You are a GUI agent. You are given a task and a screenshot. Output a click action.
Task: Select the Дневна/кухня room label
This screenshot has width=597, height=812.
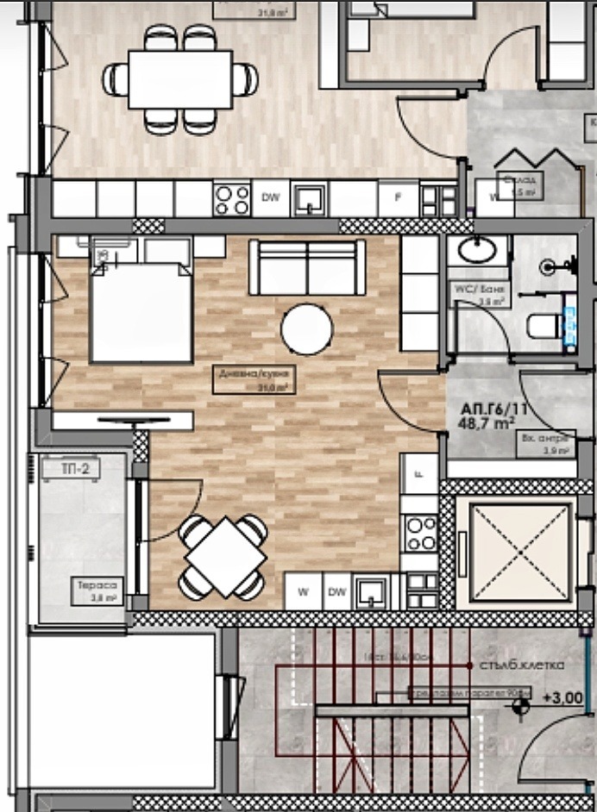click(255, 379)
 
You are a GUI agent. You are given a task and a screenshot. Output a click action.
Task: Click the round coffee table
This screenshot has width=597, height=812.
click(306, 328)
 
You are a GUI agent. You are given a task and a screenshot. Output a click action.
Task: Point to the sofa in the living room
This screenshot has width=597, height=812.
click(306, 268)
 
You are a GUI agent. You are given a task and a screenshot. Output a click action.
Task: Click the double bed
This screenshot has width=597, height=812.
click(140, 312)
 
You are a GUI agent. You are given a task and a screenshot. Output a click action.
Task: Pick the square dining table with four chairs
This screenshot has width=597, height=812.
click(223, 556)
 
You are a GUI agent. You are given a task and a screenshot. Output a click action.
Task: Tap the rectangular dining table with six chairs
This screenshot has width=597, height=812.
click(180, 79)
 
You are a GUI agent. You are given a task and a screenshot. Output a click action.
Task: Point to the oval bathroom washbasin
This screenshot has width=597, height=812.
click(477, 251)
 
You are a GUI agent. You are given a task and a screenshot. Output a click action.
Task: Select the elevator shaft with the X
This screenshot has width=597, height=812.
click(513, 552)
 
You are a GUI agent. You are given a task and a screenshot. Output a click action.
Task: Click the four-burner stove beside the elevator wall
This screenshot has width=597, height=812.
click(420, 533)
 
